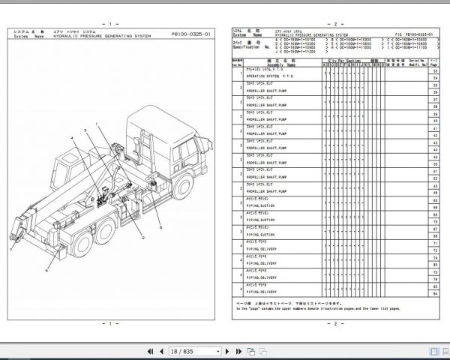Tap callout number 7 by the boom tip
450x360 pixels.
pos(13,248)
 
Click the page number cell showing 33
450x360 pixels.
pos(435,70)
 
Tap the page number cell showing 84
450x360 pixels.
pos(435,294)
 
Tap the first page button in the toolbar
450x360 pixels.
pos(139,350)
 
